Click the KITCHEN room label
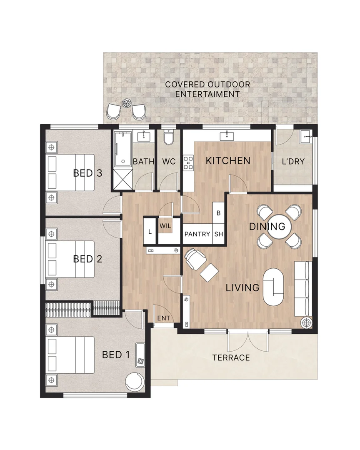tap(228, 160)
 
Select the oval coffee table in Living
tap(274, 287)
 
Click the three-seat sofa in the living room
tap(303, 288)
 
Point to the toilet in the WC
tap(168, 138)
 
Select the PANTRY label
tap(197, 234)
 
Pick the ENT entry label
tap(163, 318)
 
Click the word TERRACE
tap(231, 357)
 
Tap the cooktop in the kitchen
tap(188, 162)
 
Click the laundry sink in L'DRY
tap(306, 135)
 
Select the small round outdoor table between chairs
tap(127, 102)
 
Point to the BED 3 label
tap(87, 173)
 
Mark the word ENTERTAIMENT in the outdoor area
tap(207, 94)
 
